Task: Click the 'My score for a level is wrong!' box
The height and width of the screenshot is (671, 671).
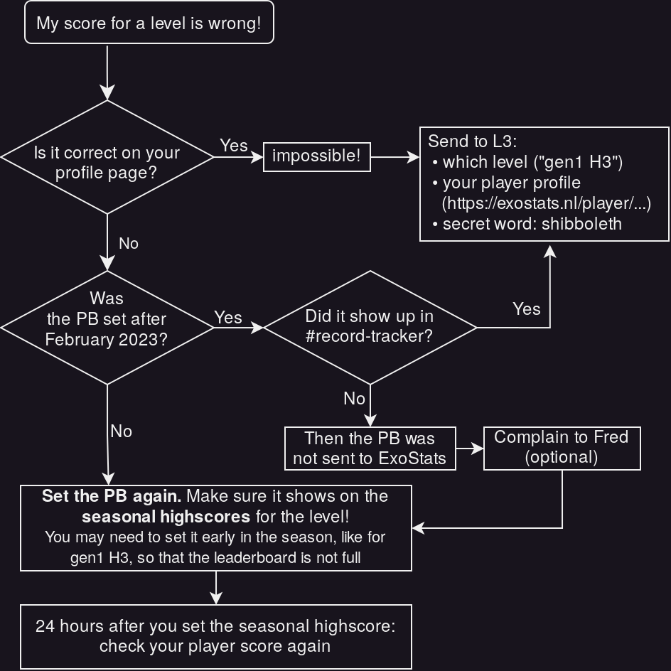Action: pyautogui.click(x=149, y=23)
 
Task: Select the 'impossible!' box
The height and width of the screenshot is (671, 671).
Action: pyautogui.click(x=316, y=156)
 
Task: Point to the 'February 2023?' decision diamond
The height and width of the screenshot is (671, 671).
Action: pyautogui.click(x=107, y=328)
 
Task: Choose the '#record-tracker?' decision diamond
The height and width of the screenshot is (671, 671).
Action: pyautogui.click(x=369, y=327)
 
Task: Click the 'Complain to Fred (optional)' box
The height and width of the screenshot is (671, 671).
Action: pyautogui.click(x=562, y=448)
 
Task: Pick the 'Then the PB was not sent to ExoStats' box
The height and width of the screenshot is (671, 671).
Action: pyautogui.click(x=370, y=448)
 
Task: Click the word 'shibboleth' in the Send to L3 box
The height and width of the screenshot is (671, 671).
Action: pyautogui.click(x=581, y=224)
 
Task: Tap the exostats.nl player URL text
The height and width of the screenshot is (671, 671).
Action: pyautogui.click(x=546, y=203)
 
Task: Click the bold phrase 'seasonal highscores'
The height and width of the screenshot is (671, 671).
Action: pyautogui.click(x=166, y=516)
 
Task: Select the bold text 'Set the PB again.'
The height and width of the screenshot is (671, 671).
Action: pyautogui.click(x=112, y=496)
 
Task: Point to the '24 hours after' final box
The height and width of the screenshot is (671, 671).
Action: pyautogui.click(x=215, y=636)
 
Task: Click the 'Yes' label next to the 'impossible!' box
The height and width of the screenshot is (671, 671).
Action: pyautogui.click(x=234, y=145)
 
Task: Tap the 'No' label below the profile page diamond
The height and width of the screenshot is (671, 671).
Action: pyautogui.click(x=128, y=243)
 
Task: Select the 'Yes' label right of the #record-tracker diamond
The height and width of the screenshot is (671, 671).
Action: pyautogui.click(x=526, y=308)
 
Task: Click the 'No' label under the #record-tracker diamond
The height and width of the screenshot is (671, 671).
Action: pyautogui.click(x=354, y=399)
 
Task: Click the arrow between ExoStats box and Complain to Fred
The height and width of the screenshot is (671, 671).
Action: pyautogui.click(x=469, y=449)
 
